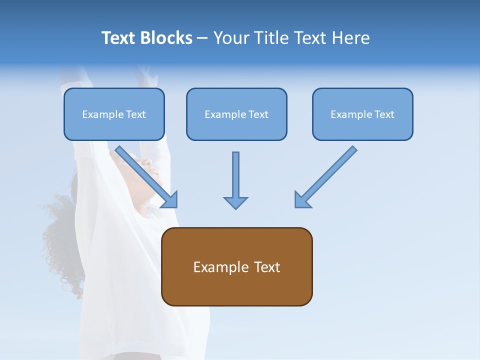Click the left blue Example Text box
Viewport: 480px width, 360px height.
[x=114, y=114]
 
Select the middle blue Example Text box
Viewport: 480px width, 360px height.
[x=236, y=114]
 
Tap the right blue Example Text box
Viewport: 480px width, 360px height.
[x=362, y=114]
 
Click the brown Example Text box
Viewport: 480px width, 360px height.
[x=236, y=267]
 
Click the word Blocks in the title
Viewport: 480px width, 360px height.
[x=166, y=38]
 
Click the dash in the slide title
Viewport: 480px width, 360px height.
[x=202, y=38]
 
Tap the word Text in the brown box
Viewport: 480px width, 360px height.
[x=267, y=267]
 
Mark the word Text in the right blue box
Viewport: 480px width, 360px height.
[x=384, y=114]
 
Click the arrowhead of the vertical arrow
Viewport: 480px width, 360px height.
[x=235, y=202]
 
